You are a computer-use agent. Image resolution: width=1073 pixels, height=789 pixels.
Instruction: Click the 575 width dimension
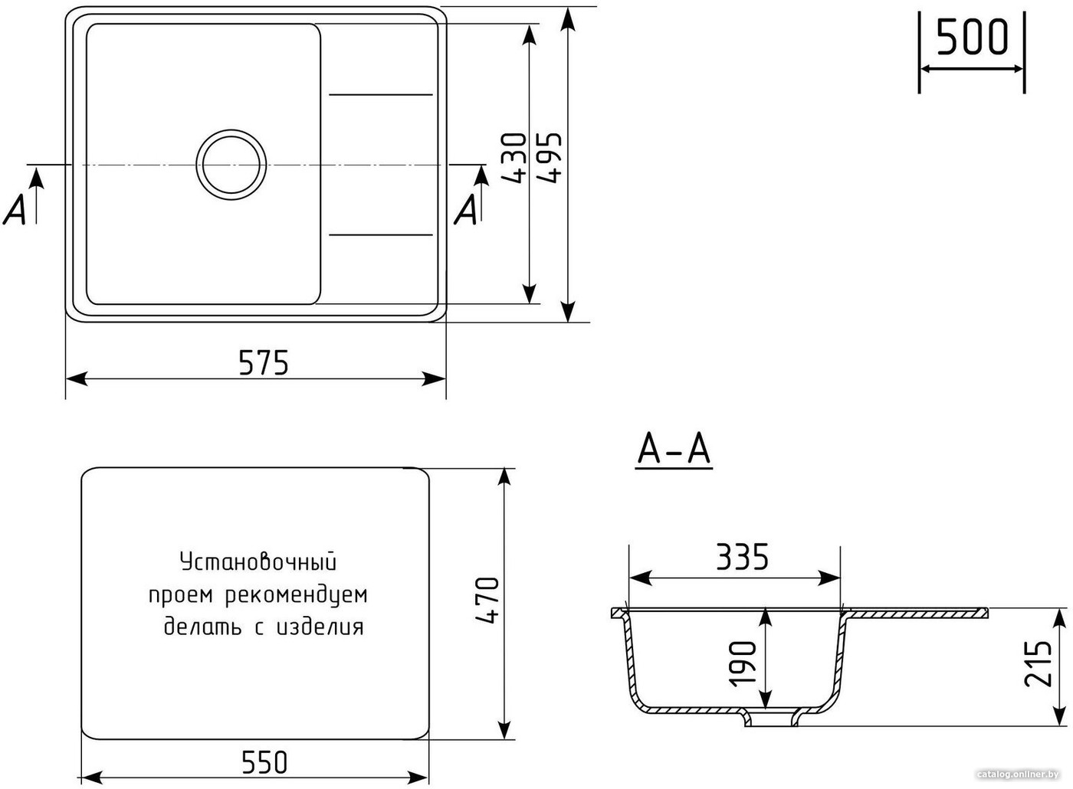pos(264,362)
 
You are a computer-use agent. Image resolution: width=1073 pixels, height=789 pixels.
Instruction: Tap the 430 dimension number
pos(514,159)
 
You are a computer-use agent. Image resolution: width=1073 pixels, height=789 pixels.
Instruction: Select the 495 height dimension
pos(549,159)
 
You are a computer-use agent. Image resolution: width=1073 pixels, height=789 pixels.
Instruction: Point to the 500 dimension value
pos(973,37)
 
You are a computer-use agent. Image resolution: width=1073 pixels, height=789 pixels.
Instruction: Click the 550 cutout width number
pos(264,762)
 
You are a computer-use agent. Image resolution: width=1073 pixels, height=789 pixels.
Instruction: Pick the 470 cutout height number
pos(487,600)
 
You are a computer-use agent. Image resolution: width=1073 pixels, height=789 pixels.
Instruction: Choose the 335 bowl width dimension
pos(742,556)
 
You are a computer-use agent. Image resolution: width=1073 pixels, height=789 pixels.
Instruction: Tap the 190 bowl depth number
pos(742,663)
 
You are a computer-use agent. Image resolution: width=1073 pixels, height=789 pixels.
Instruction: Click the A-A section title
pos(674,450)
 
